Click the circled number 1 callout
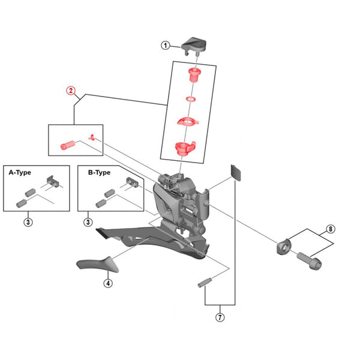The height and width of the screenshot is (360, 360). (166, 45)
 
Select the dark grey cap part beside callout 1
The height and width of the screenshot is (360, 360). (196, 44)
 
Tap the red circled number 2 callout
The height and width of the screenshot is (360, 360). (71, 91)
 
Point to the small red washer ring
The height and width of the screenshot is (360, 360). (190, 97)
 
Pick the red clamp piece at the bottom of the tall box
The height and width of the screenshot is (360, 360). (184, 148)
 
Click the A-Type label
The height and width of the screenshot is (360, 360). (20, 172)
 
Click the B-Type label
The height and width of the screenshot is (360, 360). (99, 172)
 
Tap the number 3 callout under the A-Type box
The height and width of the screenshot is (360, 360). (29, 222)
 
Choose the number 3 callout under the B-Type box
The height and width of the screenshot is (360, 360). (88, 222)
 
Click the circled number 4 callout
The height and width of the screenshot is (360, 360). (108, 283)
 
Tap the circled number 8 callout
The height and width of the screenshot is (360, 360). (330, 229)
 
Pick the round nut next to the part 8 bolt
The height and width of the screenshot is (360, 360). (283, 246)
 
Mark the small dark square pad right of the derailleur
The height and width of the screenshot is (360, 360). (237, 173)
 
